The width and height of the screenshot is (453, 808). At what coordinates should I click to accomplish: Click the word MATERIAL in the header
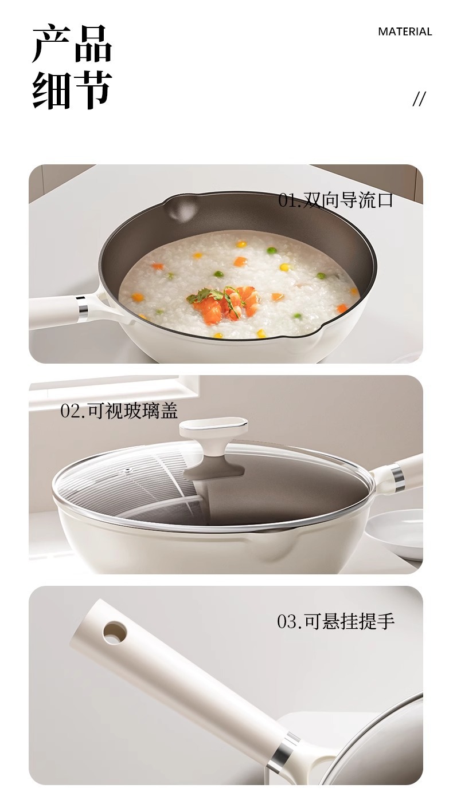coord(405,31)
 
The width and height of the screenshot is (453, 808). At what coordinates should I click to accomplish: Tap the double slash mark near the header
coord(419,98)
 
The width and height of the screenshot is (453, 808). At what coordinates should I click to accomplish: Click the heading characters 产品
coord(72,44)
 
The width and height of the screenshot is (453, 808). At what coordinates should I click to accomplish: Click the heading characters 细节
coord(72,90)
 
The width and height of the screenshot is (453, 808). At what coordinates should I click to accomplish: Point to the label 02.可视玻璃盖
coord(119,411)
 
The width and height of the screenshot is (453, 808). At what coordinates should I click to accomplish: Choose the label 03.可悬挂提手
coord(335,621)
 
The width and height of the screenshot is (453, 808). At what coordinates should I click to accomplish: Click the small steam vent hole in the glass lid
coord(127,470)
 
